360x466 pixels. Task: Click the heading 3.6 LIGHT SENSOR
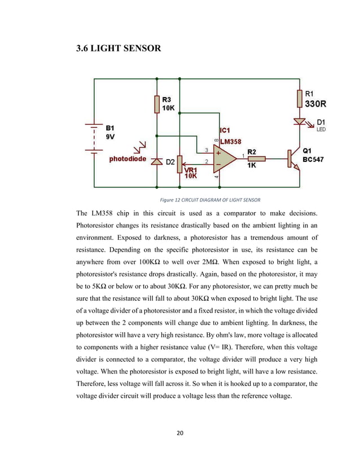point(118,49)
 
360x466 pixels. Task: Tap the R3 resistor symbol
point(156,104)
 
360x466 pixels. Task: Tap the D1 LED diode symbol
point(298,122)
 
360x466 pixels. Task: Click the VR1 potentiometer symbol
point(179,164)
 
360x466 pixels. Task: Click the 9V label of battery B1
point(111,137)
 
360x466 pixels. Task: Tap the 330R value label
point(315,104)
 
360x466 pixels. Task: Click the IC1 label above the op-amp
point(225,131)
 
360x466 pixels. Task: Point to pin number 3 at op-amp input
point(207,150)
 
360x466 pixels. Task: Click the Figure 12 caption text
point(210,200)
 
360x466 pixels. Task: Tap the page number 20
point(180,433)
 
